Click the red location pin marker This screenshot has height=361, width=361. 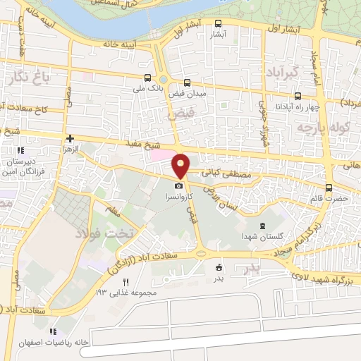(x=181, y=165)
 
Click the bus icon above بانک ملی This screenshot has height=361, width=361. (x=147, y=78)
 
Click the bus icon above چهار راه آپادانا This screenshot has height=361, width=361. (x=298, y=96)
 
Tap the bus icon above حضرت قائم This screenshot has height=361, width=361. (x=329, y=188)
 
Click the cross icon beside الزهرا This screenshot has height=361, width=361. (x=69, y=139)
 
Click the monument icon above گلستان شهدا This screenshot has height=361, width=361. (x=262, y=226)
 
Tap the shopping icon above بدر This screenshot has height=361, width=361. (x=219, y=267)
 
